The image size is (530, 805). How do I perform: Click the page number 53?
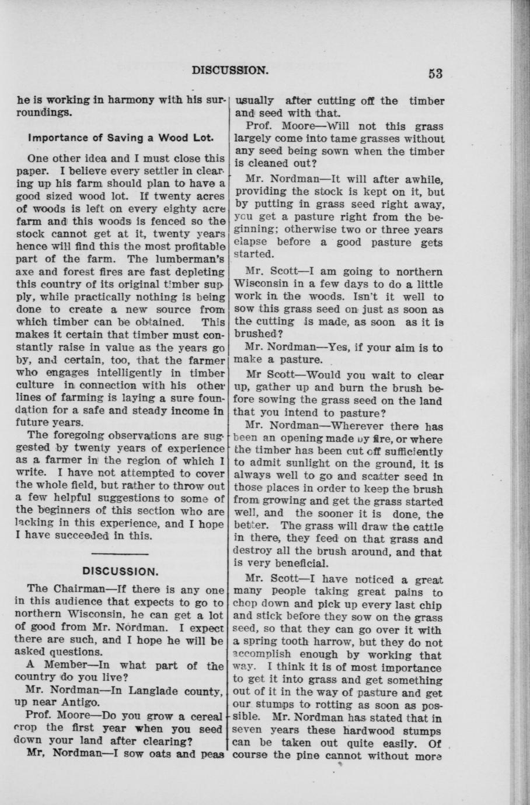pos(435,73)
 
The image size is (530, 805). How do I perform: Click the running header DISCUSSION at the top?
pos(231,70)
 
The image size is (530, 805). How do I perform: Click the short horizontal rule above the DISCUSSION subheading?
pos(121,552)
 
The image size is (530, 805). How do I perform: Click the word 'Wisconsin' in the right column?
pos(261,284)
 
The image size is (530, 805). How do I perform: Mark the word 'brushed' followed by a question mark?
pos(254,334)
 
